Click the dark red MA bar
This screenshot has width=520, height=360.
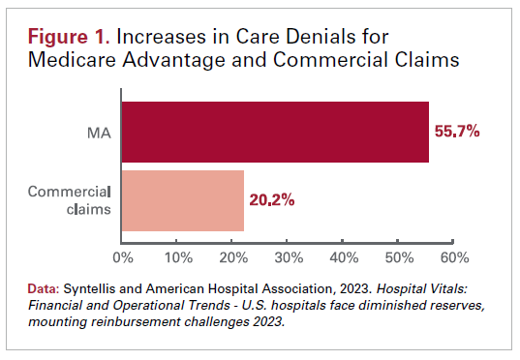pyautogui.click(x=274, y=131)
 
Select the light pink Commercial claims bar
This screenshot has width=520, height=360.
pyautogui.click(x=182, y=200)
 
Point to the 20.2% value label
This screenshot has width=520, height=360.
pyautogui.click(x=272, y=200)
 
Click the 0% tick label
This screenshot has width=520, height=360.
pyautogui.click(x=123, y=258)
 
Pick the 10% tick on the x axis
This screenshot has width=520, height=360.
pyautogui.click(x=178, y=258)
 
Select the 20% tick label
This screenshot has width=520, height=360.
pyautogui.click(x=233, y=258)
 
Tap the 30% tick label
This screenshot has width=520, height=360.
pyautogui.click(x=289, y=258)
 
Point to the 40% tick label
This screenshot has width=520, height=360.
pyautogui.click(x=344, y=258)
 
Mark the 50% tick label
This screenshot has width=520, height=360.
pyautogui.click(x=399, y=258)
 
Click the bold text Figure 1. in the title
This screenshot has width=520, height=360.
pyautogui.click(x=68, y=38)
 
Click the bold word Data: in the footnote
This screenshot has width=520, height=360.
pyautogui.click(x=44, y=289)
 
